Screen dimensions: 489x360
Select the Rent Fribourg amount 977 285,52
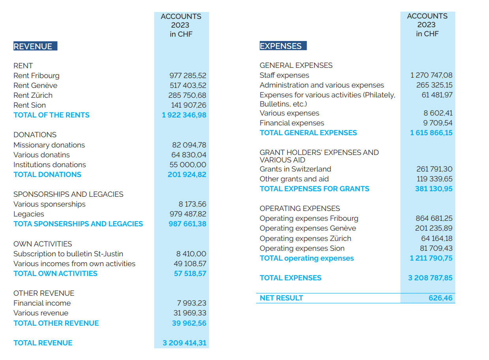pyautogui.click(x=188, y=76)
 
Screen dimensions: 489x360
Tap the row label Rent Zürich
pyautogui.click(x=33, y=95)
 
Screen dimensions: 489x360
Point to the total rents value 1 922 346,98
pyautogui.click(x=184, y=115)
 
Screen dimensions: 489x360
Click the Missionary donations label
pyautogui.click(x=49, y=145)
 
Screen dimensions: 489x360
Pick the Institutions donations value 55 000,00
pyautogui.click(x=188, y=165)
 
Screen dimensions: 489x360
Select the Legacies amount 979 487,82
pyautogui.click(x=188, y=214)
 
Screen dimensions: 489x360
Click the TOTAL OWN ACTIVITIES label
pyautogui.click(x=55, y=274)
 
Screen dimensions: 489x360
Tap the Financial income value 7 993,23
pyautogui.click(x=192, y=303)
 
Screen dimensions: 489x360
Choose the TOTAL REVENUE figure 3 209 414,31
pyautogui.click(x=184, y=343)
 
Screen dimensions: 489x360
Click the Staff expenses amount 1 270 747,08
pyautogui.click(x=431, y=75)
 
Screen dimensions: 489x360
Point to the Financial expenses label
pyautogui.click(x=292, y=123)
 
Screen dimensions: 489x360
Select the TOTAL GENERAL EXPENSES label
pyautogui.click(x=308, y=133)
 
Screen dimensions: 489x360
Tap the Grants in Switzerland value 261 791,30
pyautogui.click(x=435, y=169)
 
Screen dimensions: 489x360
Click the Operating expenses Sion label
pyautogui.click(x=302, y=248)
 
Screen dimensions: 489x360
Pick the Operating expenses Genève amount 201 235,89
pyautogui.click(x=434, y=228)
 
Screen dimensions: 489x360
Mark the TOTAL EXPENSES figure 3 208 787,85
pyautogui.click(x=430, y=278)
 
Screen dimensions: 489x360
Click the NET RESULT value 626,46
pyautogui.click(x=440, y=298)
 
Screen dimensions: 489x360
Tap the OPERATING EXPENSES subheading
pyautogui.click(x=300, y=209)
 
